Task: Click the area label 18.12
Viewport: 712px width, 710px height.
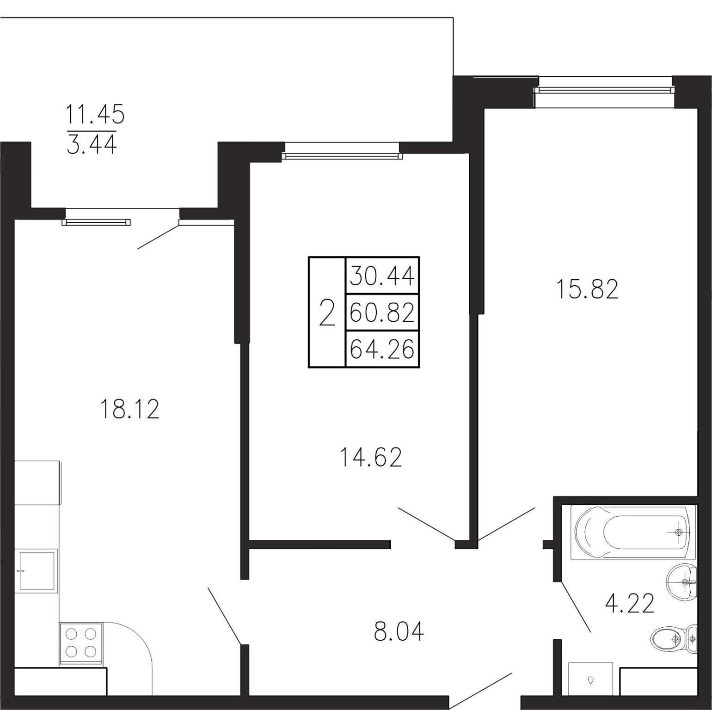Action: pyautogui.click(x=129, y=409)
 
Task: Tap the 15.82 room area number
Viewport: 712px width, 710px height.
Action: pyautogui.click(x=587, y=289)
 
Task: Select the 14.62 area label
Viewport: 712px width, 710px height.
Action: pyautogui.click(x=371, y=457)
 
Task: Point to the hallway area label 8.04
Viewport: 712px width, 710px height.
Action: pyautogui.click(x=399, y=631)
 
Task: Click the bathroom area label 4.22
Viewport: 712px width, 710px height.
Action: pyautogui.click(x=630, y=603)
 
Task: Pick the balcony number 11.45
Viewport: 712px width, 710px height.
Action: pyautogui.click(x=95, y=114)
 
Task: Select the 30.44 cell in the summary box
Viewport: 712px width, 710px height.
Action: pyautogui.click(x=382, y=276)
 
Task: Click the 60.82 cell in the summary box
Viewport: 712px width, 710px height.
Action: pyautogui.click(x=382, y=312)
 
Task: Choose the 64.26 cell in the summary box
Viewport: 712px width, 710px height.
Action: pyautogui.click(x=382, y=349)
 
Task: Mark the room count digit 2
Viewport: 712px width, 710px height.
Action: pyautogui.click(x=327, y=312)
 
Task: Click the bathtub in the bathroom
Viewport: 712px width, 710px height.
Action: pyautogui.click(x=633, y=532)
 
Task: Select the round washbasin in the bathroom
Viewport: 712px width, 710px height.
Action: pyautogui.click(x=681, y=582)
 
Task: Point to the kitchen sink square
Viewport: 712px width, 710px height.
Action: pyautogui.click(x=36, y=570)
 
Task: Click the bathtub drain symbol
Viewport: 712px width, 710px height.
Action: pyautogui.click(x=679, y=532)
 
